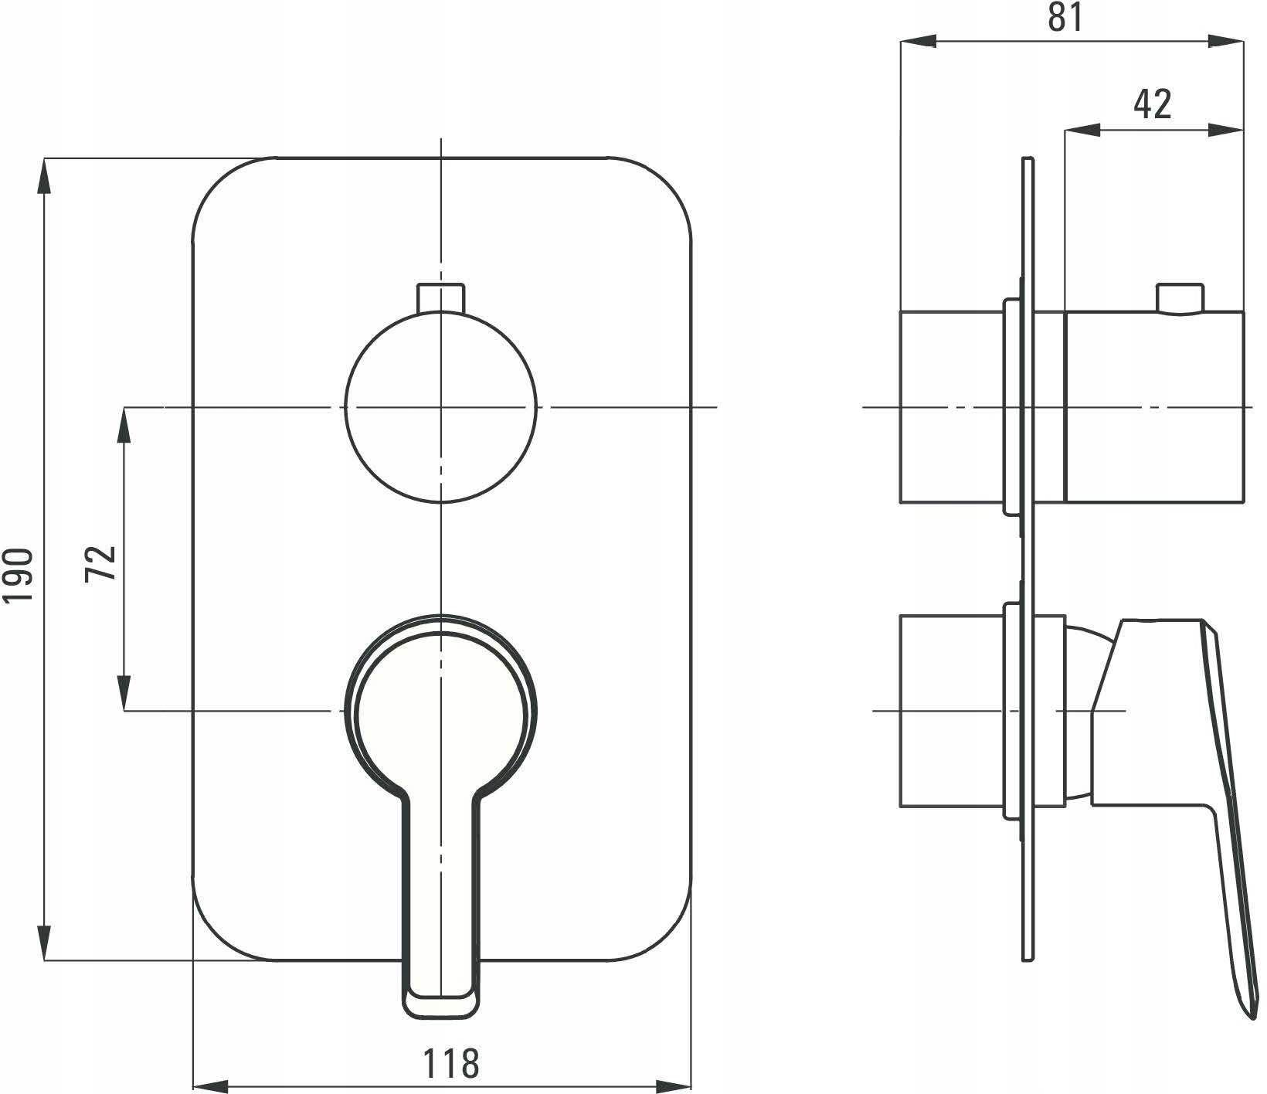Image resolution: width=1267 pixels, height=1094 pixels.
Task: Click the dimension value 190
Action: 19,576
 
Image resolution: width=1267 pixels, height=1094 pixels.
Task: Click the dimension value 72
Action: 101,562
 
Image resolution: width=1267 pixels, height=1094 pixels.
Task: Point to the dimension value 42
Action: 1152,104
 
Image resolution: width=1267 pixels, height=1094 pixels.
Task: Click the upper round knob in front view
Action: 440,407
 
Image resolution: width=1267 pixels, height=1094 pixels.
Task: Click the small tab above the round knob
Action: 440,298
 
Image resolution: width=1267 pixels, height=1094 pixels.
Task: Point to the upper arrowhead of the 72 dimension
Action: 124,425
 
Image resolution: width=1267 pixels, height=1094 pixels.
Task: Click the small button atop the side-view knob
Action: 1179,298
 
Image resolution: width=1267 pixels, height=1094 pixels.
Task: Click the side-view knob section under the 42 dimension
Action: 1154,407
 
